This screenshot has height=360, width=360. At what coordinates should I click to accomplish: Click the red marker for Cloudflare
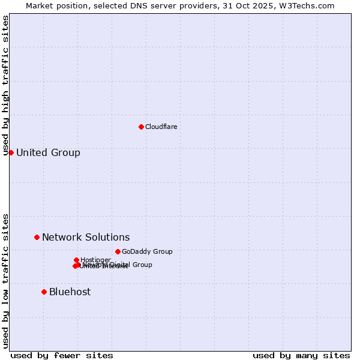(141, 127)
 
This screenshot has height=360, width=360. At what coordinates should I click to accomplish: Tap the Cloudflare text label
(161, 127)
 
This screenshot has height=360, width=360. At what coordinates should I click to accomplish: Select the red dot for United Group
(11, 152)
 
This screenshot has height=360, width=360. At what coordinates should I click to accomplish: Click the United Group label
(48, 152)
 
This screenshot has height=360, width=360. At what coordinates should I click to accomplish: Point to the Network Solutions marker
(37, 237)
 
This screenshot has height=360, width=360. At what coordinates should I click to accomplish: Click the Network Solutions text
(86, 237)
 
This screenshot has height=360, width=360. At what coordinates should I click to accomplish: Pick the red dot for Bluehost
(44, 292)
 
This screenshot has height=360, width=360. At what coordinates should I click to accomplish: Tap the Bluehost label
(70, 292)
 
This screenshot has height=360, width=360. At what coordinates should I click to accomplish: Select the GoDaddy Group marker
(118, 251)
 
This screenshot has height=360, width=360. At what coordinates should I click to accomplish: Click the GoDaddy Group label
(147, 251)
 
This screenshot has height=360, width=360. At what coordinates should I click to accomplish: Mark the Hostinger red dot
(76, 260)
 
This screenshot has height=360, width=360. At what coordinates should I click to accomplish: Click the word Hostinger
(95, 260)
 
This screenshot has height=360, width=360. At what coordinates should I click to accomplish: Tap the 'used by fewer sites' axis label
(62, 355)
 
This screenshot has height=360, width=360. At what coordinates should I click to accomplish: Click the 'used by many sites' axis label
(301, 355)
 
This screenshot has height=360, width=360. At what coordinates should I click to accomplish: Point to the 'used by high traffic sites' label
(5, 85)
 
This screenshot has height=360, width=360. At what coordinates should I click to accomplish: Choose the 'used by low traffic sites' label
(5, 280)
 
